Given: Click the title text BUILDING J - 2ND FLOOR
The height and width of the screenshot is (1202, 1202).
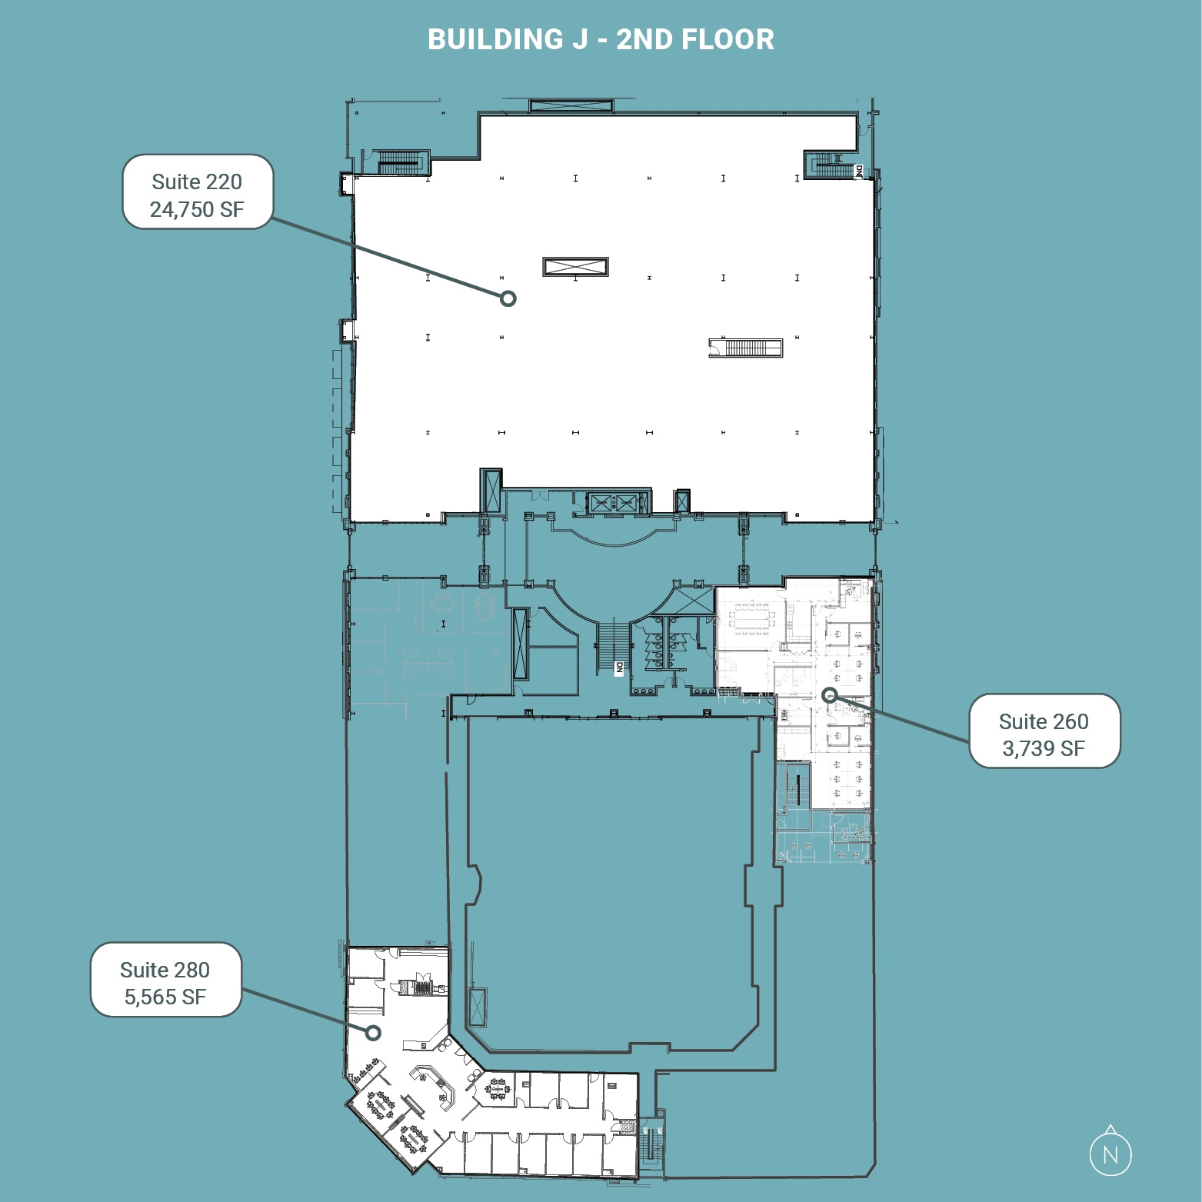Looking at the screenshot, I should coord(601,39).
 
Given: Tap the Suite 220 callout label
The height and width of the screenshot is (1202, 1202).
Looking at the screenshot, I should coord(197,192).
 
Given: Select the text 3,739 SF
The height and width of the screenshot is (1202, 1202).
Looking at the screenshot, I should coord(1044,748).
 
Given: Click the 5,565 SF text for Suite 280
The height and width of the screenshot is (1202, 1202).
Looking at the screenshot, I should coord(165,997).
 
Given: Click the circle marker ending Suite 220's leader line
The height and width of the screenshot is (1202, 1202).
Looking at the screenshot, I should coord(508,298).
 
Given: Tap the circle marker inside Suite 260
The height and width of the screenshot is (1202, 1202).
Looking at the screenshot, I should coord(829,695).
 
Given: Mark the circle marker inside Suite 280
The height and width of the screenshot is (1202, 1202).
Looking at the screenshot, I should coord(373,1032).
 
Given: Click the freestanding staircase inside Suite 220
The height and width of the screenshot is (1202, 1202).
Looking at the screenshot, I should coord(745,348).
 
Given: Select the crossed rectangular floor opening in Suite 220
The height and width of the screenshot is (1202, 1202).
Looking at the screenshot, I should coord(575,267).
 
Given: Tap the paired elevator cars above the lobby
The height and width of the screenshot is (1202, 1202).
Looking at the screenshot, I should coord(613,504).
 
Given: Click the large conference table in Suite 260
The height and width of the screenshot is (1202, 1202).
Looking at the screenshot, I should coord(751,618).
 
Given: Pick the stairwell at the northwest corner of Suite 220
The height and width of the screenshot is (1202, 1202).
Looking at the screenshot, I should coord(398,161).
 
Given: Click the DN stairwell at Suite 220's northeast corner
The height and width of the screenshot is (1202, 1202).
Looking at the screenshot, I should coord(834,164).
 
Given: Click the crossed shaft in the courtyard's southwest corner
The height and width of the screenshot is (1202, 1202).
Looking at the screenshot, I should coord(477,1007).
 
